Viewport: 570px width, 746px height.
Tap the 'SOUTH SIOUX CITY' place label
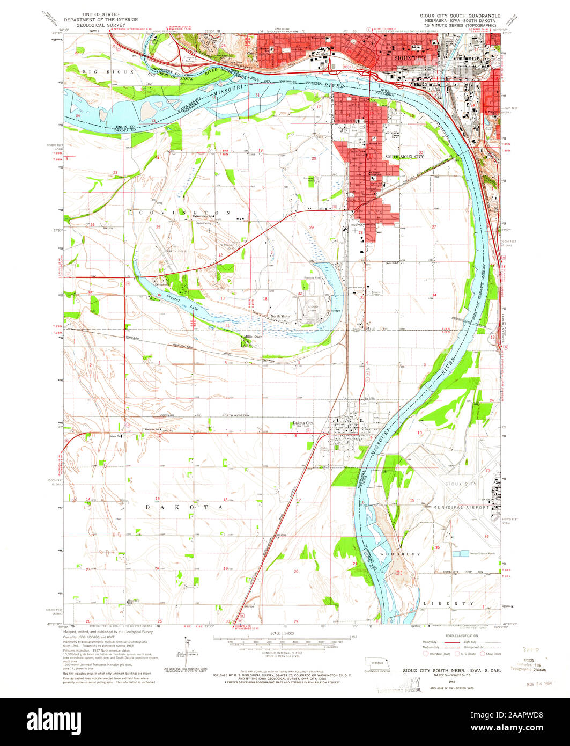click(x=404, y=157)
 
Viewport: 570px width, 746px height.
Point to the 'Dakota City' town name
click(x=302, y=423)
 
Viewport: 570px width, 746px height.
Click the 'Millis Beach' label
click(x=253, y=337)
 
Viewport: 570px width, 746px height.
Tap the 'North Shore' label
click(x=280, y=316)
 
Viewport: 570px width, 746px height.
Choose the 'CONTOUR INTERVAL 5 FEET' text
click(x=281, y=653)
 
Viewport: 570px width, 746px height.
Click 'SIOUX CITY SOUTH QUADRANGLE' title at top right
click(x=460, y=16)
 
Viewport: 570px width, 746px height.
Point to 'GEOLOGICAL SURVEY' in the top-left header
click(x=101, y=25)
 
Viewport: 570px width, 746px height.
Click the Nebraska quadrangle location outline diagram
click(x=377, y=662)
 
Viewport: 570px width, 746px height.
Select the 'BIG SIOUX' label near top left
click(x=102, y=71)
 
